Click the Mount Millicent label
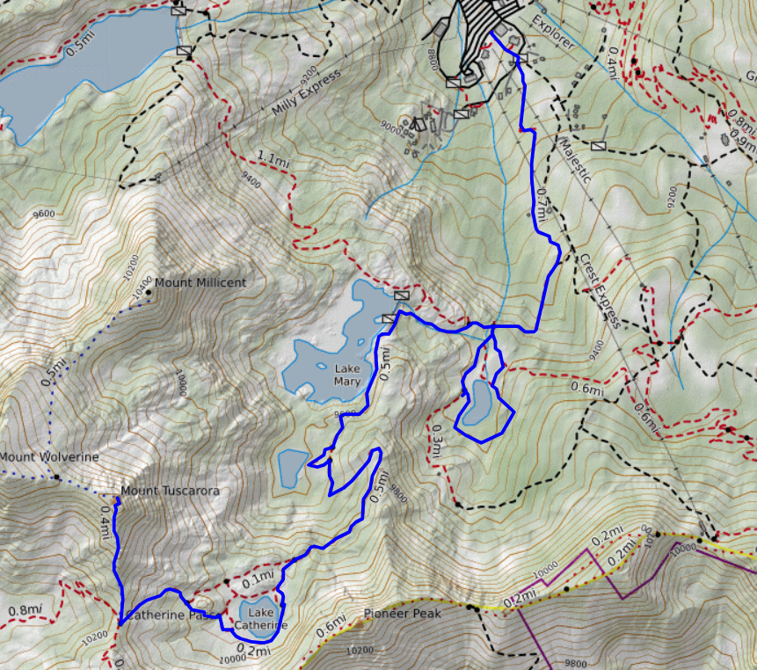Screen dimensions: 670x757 tap(200, 282)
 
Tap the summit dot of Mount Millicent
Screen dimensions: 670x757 tap(148, 291)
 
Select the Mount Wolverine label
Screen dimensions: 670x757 tap(48, 457)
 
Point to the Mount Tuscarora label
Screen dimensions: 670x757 tap(169, 491)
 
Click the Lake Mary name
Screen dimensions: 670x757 tap(347, 375)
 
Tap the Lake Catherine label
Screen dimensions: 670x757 tap(261, 618)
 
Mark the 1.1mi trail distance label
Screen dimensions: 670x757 tap(273, 161)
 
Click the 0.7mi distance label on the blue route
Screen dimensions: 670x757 tap(542, 203)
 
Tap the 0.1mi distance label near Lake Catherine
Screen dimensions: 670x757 tap(258, 578)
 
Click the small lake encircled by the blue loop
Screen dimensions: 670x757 tap(480, 401)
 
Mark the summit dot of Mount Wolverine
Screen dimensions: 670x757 tap(55, 477)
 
